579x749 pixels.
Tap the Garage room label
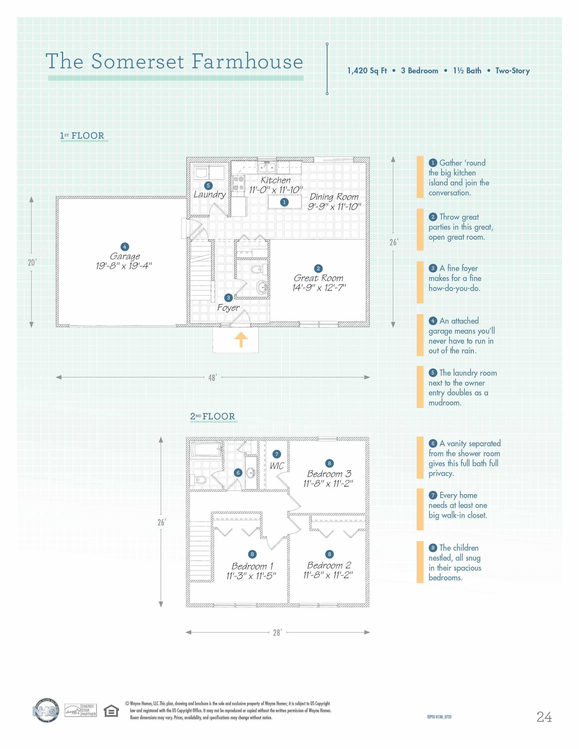click(x=125, y=256)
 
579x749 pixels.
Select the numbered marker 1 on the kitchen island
click(x=284, y=202)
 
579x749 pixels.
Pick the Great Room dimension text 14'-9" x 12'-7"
click(x=319, y=288)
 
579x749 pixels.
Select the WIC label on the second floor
click(x=277, y=466)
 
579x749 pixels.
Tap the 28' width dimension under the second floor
click(x=277, y=632)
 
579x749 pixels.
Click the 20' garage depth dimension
click(x=32, y=263)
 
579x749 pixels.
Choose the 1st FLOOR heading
click(x=82, y=136)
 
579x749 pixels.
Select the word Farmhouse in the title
click(x=247, y=62)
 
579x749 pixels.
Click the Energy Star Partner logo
click(x=81, y=710)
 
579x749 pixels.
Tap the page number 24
click(x=544, y=717)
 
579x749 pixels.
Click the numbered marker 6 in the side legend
click(x=433, y=443)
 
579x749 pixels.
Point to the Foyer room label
click(x=228, y=308)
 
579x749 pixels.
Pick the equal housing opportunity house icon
click(x=111, y=711)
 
